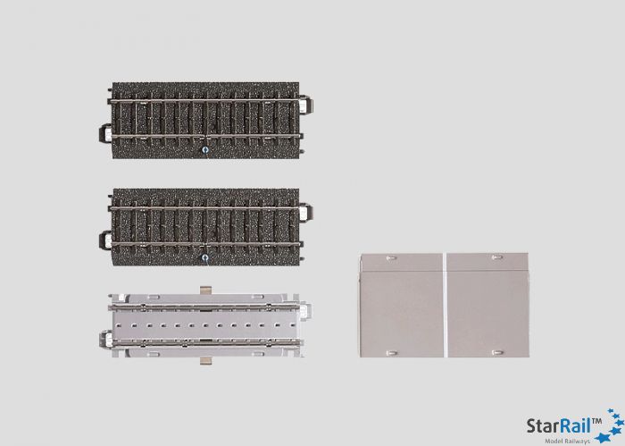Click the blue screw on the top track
point(204,150)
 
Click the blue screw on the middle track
point(204,258)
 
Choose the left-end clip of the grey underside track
point(99,341)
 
